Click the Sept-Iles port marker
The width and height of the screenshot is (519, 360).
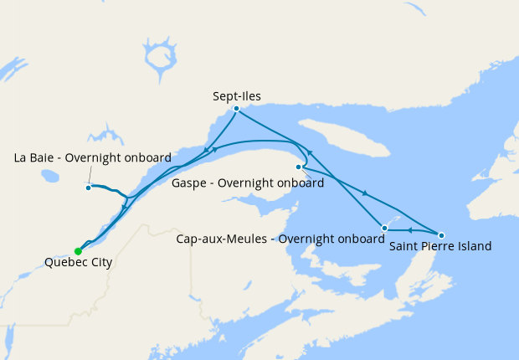point(237,108)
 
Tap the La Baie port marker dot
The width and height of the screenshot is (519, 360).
point(88,187)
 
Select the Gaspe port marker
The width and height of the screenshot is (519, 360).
point(299,167)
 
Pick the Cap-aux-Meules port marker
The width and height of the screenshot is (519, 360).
point(384,228)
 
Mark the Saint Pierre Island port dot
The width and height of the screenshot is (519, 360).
point(441,235)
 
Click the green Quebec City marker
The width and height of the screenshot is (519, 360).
point(78,251)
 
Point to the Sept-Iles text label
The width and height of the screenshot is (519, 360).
point(237,96)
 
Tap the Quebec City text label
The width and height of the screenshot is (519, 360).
point(77,263)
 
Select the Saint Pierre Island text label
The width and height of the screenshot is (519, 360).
point(440,247)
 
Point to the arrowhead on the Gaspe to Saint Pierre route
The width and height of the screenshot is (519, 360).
point(365,194)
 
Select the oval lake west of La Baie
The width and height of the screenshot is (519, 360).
point(51,177)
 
